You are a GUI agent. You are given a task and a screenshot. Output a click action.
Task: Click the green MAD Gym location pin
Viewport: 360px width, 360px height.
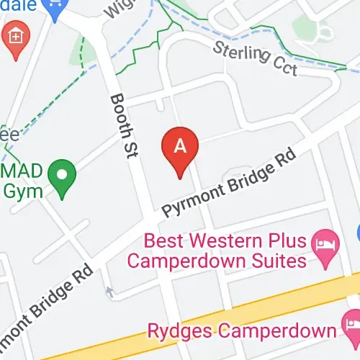click(x=63, y=176)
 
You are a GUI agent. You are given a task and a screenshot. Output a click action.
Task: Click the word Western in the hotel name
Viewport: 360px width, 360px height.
click(x=234, y=240)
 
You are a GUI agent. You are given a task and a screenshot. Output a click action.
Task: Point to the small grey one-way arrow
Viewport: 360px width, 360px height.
click(x=109, y=292)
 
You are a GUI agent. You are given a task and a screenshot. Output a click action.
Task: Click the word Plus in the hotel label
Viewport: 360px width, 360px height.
click(x=294, y=240)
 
